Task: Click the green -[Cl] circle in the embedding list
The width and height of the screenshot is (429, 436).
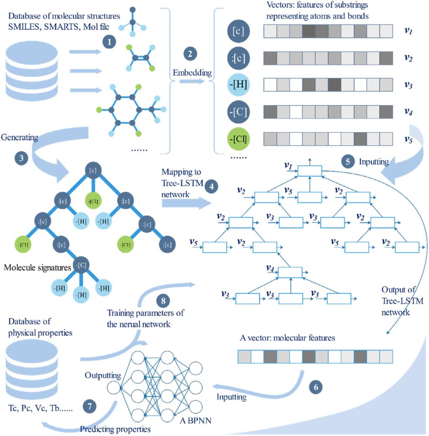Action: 238,139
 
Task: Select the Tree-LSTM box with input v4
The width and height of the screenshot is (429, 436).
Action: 290,272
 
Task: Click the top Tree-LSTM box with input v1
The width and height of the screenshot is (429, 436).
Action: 310,170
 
